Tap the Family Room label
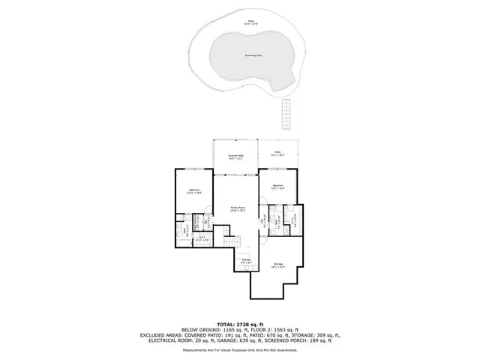(237, 210)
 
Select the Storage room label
(278, 265)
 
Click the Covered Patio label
(236, 157)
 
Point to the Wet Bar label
(245, 262)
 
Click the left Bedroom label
(195, 191)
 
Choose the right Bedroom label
(277, 187)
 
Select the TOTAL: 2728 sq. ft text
(239, 322)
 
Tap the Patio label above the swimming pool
(250, 21)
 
